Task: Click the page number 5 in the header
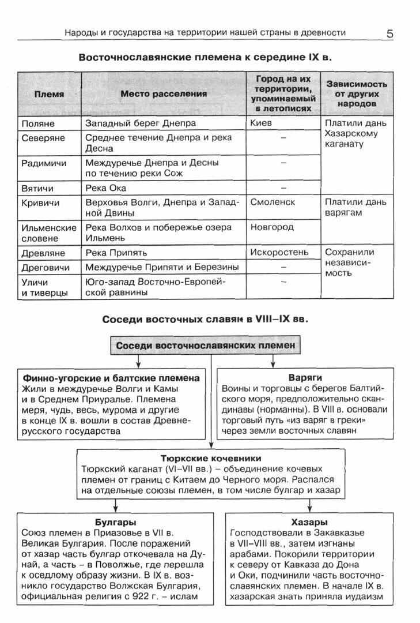pos(390,33)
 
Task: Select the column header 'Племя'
pos(49,94)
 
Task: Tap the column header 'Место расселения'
pos(164,94)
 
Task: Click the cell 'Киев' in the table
pos(261,123)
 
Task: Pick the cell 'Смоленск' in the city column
pos(273,202)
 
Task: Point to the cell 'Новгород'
pos(271,227)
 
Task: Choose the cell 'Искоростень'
pos(279,252)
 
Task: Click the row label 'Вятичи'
pos(37,188)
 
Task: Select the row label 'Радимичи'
pos(44,163)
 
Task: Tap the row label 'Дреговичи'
pos(46,268)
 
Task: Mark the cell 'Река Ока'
pos(105,188)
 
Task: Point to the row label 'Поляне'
pos(38,123)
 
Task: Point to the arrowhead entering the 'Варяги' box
pos(273,363)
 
